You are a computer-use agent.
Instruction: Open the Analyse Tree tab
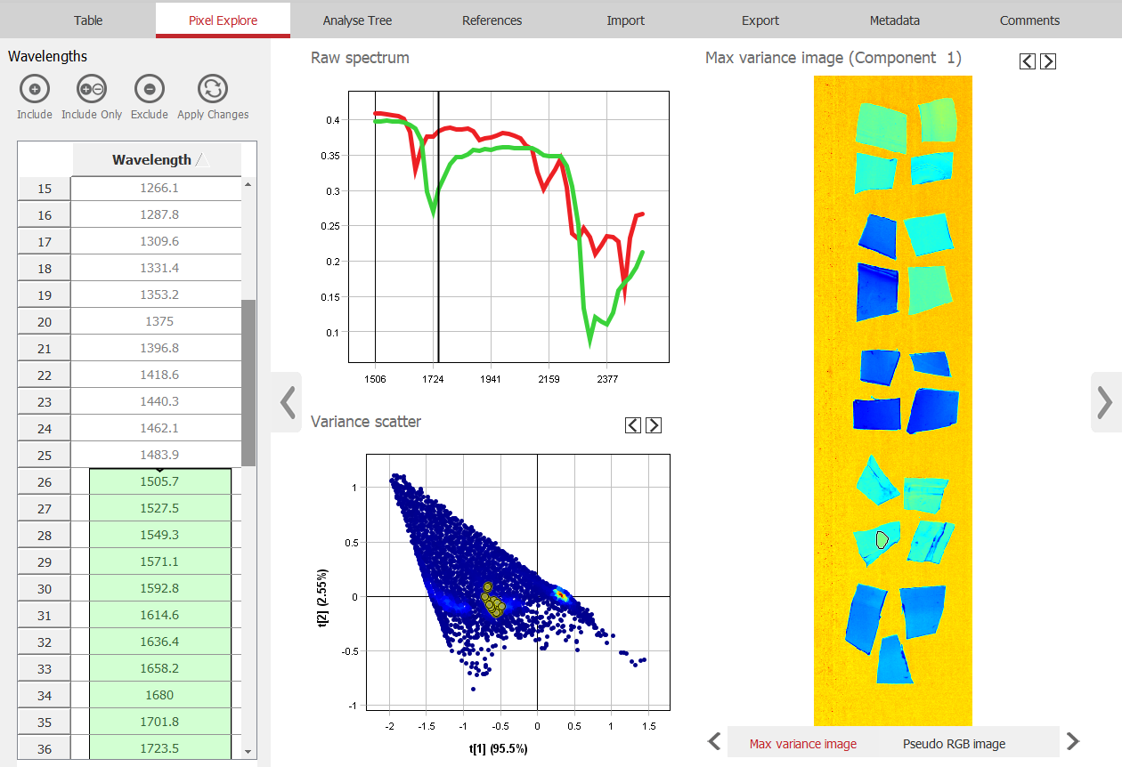(x=357, y=20)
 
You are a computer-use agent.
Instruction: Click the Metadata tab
(x=894, y=20)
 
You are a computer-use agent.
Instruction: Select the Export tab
(x=760, y=20)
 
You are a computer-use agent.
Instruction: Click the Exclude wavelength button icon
(x=150, y=89)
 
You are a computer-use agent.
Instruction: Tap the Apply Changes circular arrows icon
(x=213, y=89)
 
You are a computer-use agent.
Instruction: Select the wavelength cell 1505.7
(x=159, y=482)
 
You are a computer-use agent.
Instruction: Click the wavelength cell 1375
(x=159, y=322)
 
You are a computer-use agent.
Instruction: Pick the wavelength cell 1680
(x=159, y=696)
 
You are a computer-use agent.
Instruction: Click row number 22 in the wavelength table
(x=45, y=375)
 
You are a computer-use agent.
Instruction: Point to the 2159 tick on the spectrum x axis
(x=549, y=378)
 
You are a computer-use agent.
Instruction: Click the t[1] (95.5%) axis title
(x=499, y=748)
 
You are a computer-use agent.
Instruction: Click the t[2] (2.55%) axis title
(x=324, y=598)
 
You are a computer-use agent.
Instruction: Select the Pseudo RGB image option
(x=954, y=744)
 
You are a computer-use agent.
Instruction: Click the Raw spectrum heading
(x=360, y=58)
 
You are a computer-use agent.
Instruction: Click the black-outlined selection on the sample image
(x=882, y=538)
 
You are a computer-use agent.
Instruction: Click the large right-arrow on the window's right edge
(x=1105, y=402)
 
